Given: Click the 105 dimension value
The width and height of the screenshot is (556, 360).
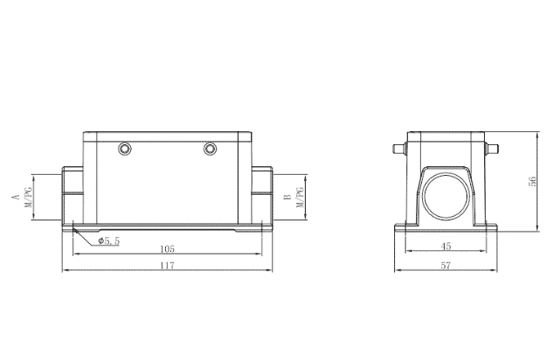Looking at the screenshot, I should point(167,249).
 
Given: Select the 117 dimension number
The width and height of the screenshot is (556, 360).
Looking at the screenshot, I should point(167,266).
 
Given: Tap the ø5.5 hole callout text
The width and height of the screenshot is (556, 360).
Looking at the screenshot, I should point(109,241).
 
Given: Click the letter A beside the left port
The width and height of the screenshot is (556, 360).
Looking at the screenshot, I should point(15,197).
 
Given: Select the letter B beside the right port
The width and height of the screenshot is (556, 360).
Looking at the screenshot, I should point(287,197).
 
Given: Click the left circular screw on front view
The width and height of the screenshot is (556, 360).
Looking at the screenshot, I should point(124,149).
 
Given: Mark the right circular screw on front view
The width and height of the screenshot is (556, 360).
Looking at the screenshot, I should point(211,149).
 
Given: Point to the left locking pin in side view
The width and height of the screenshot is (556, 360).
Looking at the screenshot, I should point(400,149).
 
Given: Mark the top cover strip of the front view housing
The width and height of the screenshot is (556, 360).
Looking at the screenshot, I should point(167,134).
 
